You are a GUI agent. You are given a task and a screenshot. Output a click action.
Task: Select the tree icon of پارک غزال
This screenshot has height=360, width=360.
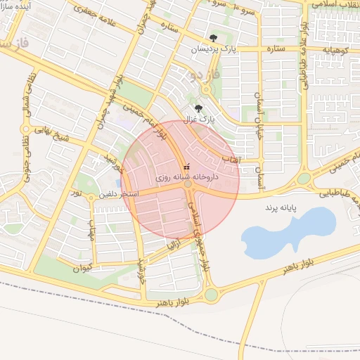[x=198, y=108]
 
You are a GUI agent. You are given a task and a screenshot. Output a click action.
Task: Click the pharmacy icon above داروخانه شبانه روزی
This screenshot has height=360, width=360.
[x=186, y=167]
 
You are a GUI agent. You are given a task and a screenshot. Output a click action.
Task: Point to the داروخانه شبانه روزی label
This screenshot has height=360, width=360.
[x=180, y=178]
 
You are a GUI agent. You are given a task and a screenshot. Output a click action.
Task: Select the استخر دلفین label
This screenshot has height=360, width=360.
[x=118, y=193]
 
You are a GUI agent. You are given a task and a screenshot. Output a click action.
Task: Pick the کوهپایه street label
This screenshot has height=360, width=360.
[x=335, y=49]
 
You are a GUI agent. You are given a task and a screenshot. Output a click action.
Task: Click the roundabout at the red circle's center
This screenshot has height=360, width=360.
[x=188, y=184]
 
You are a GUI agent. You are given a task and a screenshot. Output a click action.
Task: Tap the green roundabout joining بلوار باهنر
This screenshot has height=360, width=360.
[x=211, y=295]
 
